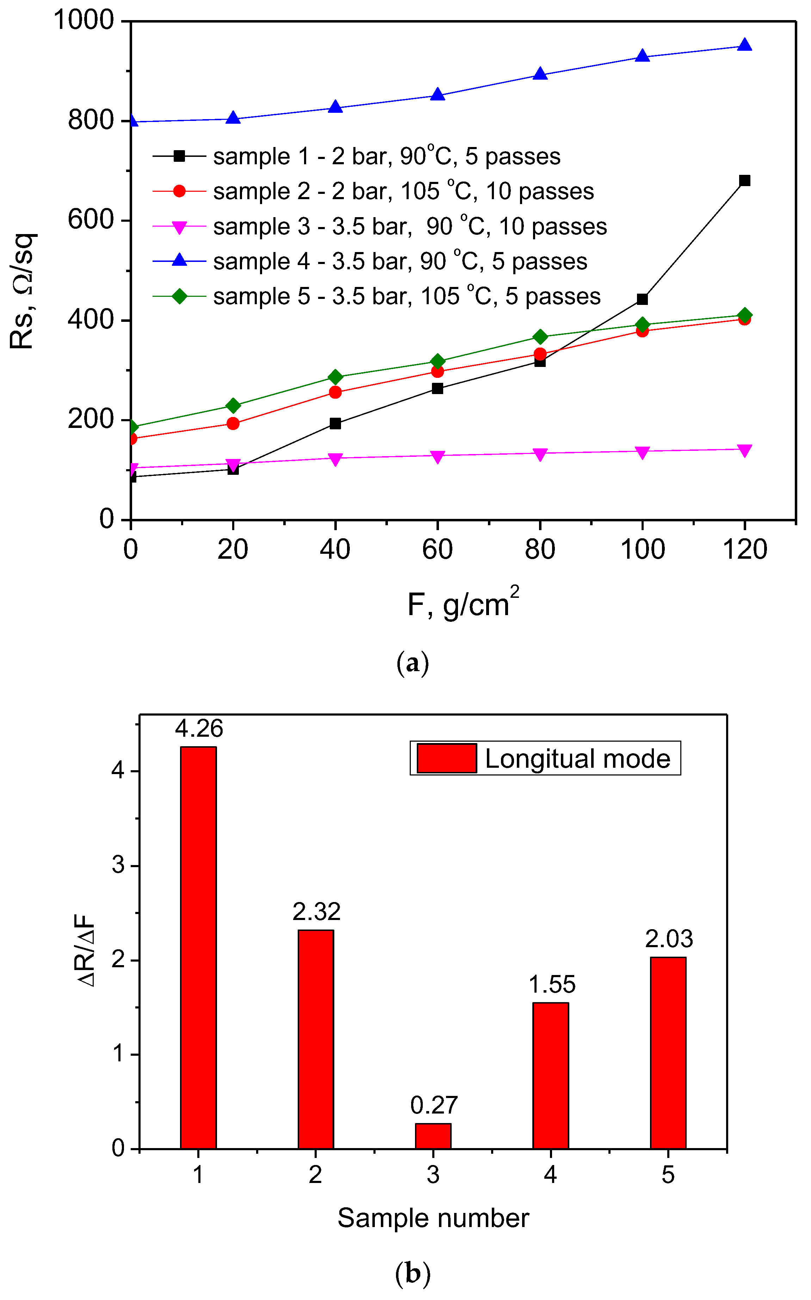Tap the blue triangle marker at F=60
pos(438,95)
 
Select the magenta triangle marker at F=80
pos(540,454)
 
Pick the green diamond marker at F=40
pos(335,377)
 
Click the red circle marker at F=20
pos(233,423)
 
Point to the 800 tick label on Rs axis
pos(91,120)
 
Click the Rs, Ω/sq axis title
pos(23,291)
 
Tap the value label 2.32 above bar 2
pos(316,912)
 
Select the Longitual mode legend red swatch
pos(446,758)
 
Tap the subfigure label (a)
pos(413,664)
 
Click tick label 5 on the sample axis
pos(668,1175)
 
